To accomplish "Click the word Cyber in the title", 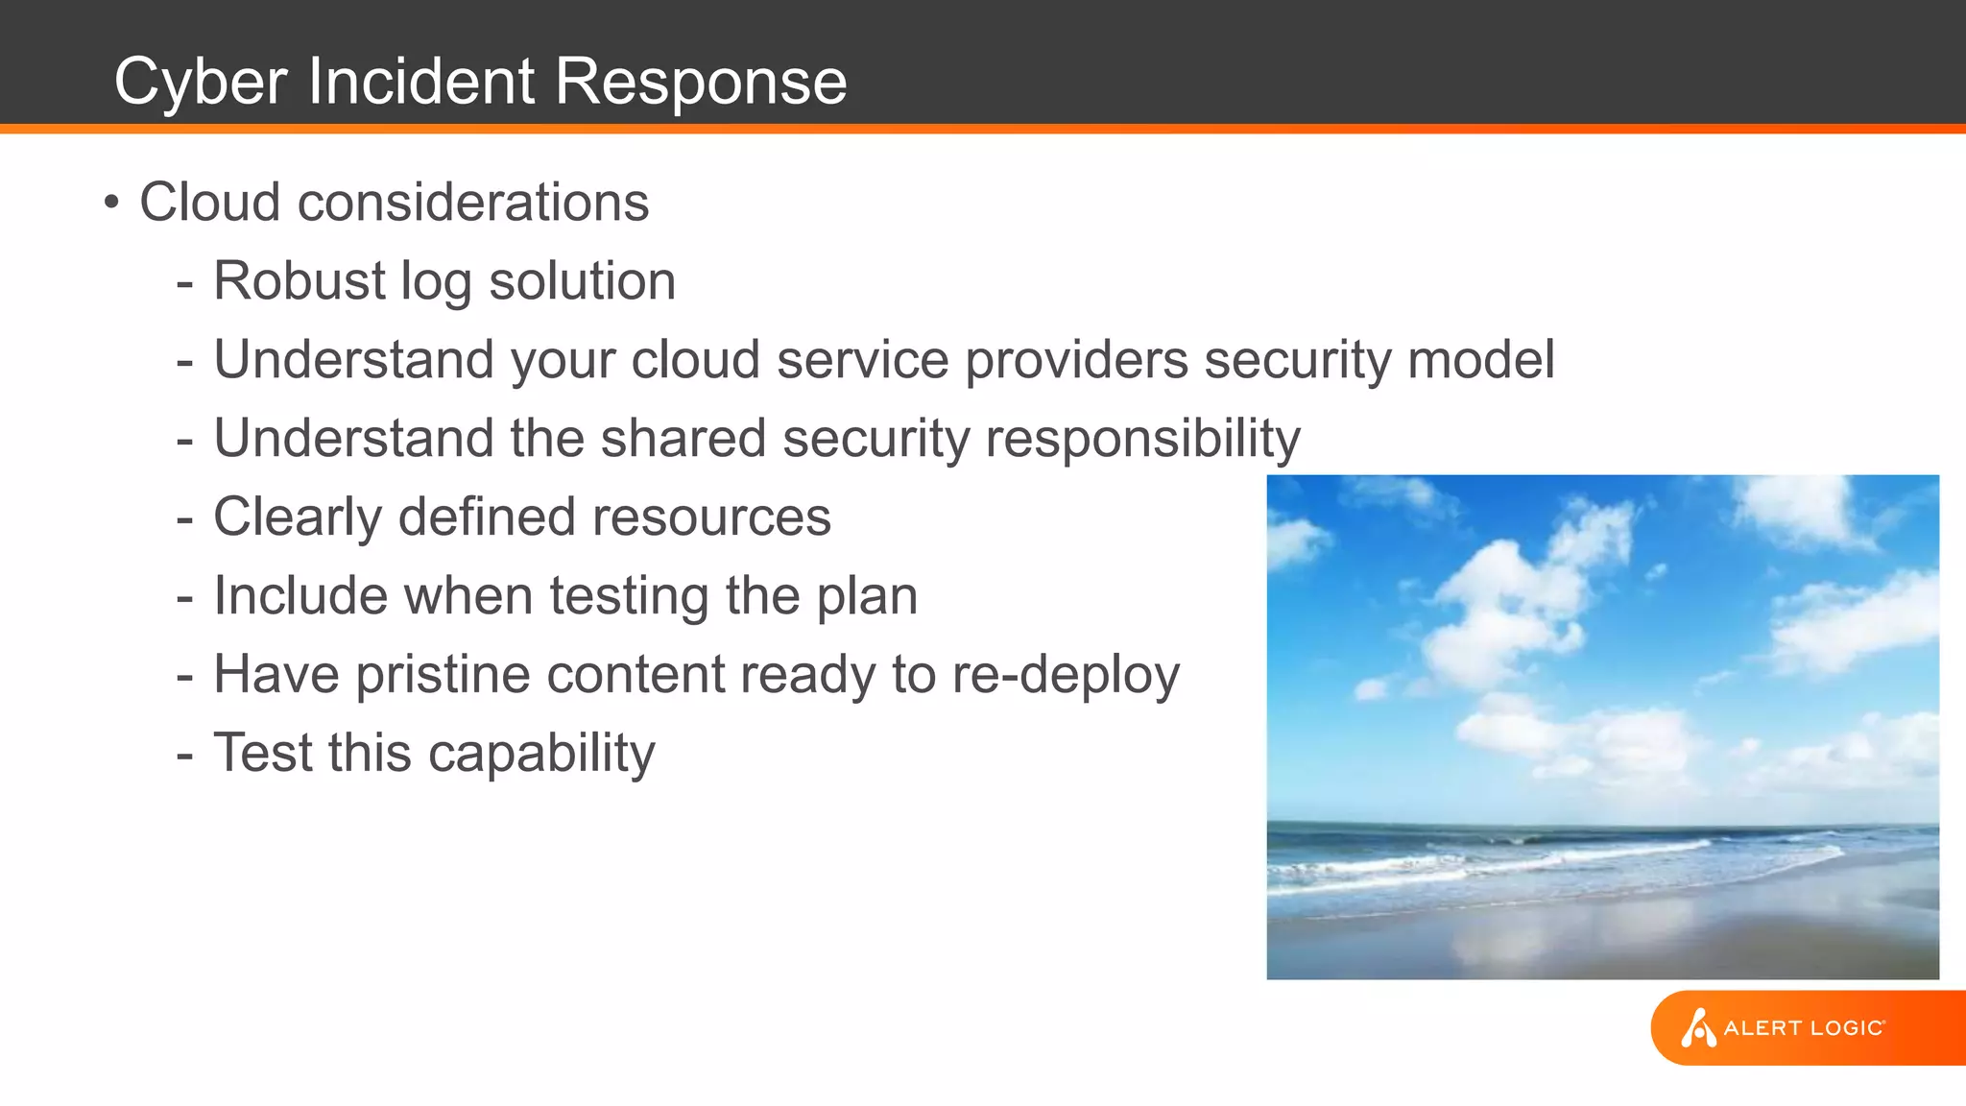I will [201, 83].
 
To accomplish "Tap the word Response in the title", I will [701, 83].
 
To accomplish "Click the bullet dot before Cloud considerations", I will [112, 203].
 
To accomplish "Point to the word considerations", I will [473, 203].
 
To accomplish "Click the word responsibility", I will [1142, 440].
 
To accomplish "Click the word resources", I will [711, 517].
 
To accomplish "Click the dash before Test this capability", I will [185, 755].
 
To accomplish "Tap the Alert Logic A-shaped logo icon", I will [1697, 1028].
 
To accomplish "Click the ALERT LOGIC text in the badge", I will [1804, 1028].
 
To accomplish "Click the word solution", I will [582, 281].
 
